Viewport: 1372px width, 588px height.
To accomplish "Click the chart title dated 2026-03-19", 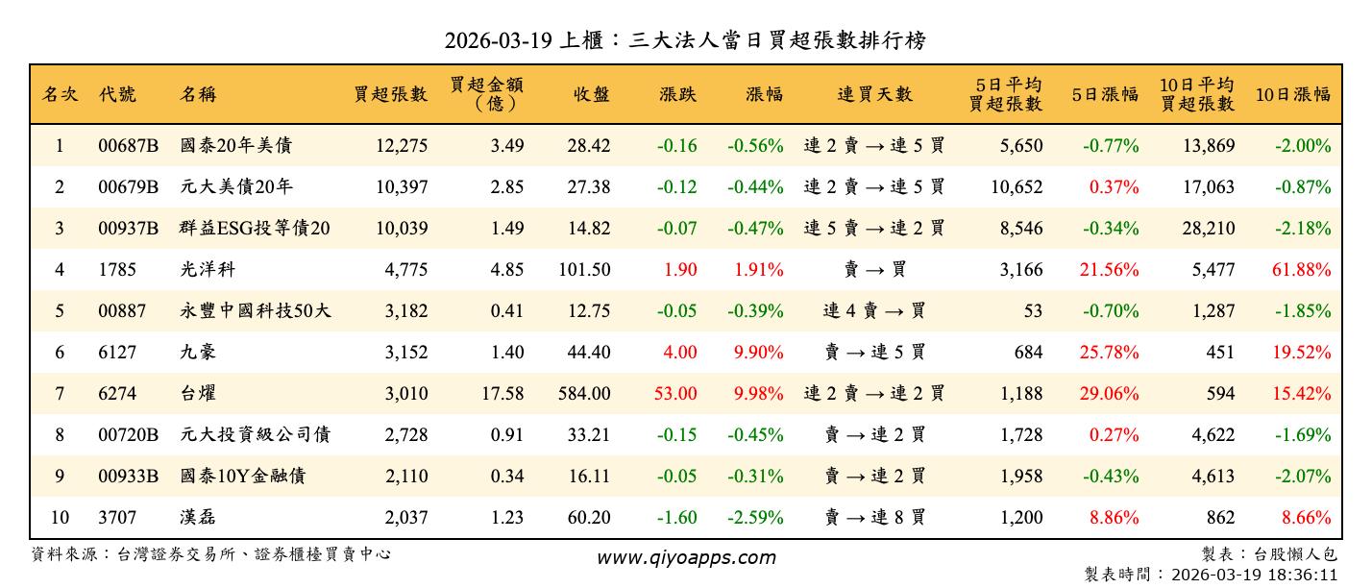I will pos(685,40).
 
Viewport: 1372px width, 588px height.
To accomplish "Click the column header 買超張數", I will pos(391,94).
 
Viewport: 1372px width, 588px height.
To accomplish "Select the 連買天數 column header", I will pos(874,94).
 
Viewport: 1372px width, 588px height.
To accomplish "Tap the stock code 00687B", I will pos(128,146).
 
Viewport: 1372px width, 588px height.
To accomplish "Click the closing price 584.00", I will pos(584,393).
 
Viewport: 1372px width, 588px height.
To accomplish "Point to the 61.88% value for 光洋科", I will pos(1301,270).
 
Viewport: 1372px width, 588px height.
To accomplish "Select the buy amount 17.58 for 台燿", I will pos(506,393).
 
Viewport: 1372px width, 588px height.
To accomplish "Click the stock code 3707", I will pos(116,517).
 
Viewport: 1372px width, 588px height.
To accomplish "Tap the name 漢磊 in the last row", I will pos(198,517).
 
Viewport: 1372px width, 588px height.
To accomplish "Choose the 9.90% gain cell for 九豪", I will pos(758,353).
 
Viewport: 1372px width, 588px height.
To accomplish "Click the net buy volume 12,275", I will pos(398,146).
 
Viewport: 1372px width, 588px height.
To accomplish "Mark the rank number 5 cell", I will pos(60,311).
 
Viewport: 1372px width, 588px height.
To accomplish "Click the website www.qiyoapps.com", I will pos(685,557).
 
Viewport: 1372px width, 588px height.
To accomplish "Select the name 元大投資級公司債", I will pos(255,434).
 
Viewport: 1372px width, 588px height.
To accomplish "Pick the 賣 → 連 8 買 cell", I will pos(874,517).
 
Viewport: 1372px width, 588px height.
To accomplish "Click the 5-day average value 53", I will pos(1032,311).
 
